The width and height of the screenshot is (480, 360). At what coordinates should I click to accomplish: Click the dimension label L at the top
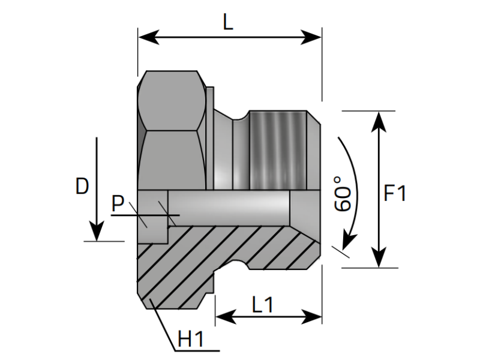227,22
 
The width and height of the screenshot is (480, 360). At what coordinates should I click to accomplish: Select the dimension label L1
262,305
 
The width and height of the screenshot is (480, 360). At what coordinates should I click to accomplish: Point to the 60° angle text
343,193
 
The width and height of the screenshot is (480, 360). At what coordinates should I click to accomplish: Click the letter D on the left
82,187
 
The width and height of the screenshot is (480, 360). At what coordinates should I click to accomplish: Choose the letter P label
119,204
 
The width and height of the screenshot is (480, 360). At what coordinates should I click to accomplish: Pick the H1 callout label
192,340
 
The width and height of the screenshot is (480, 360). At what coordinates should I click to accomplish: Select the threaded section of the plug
279,150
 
